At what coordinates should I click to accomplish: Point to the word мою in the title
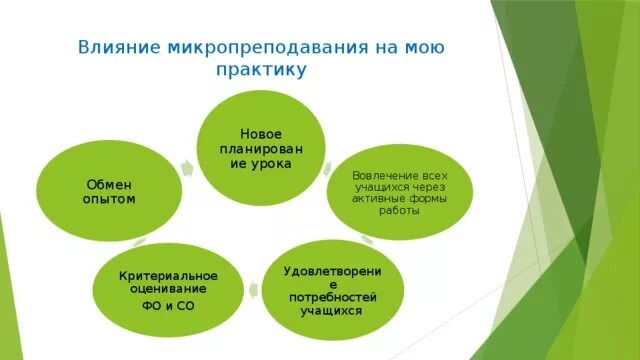point(423,47)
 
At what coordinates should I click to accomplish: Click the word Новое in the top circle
point(259,133)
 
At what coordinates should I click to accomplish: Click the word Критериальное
point(168,274)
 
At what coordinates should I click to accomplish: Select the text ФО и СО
point(168,304)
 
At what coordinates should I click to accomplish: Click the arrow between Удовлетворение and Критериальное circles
point(251,290)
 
